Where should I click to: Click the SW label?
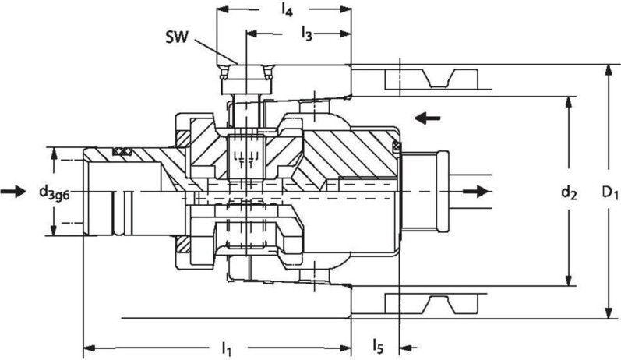tap(175, 37)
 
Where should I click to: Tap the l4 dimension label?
tap(286, 10)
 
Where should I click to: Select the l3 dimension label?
tap(307, 33)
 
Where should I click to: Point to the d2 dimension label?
tap(575, 192)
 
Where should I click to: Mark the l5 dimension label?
tap(377, 344)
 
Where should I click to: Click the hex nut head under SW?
tap(245, 78)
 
